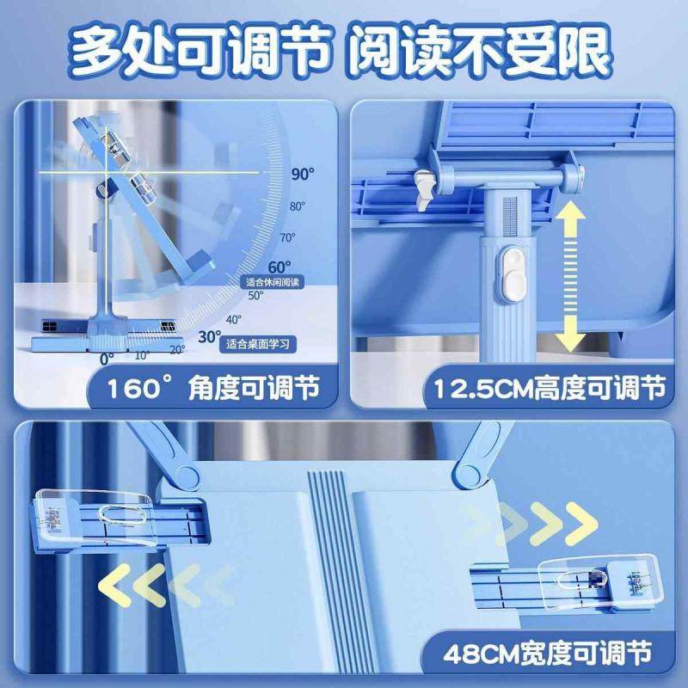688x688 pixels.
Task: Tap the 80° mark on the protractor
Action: click(x=298, y=206)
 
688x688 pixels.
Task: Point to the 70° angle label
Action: click(x=286, y=237)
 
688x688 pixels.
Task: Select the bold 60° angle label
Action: click(x=279, y=267)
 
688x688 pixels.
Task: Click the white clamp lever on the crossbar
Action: click(x=421, y=187)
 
